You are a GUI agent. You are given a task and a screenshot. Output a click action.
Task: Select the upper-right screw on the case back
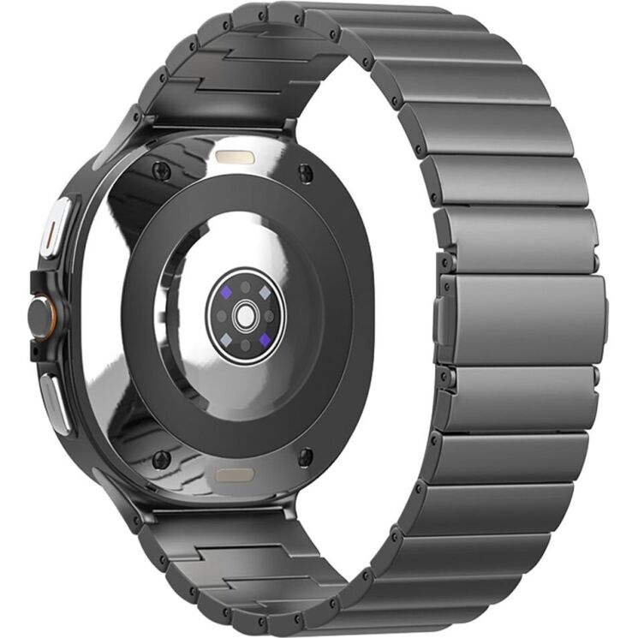[306, 173]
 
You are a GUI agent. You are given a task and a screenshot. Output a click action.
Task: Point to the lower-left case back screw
[160, 460]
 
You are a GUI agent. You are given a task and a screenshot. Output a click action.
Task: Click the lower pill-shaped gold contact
[233, 474]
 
